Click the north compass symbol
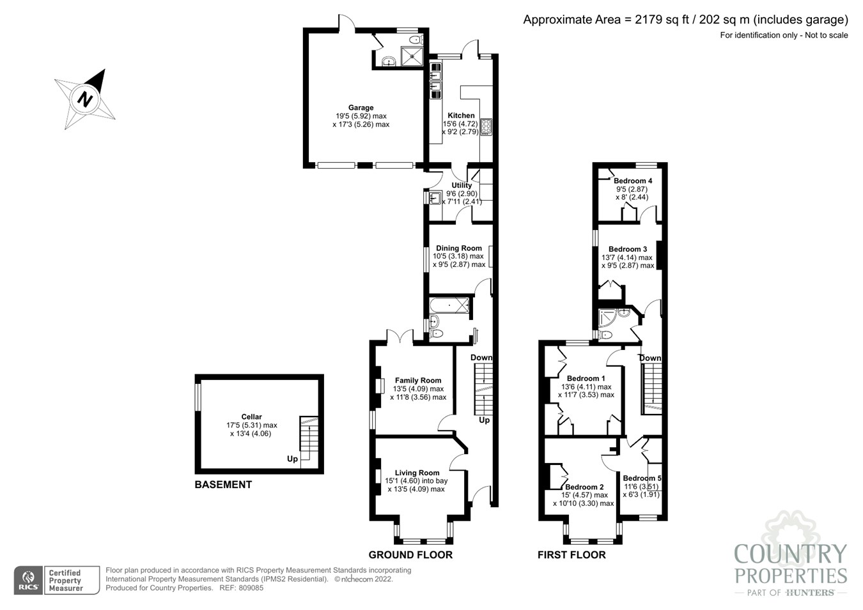point(84,99)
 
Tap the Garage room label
point(361,108)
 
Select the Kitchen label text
point(461,116)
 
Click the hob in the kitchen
point(486,127)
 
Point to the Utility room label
point(462,185)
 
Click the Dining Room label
point(458,248)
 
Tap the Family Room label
point(418,381)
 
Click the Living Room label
point(417,473)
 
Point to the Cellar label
point(251,417)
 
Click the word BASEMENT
point(223,485)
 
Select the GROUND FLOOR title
point(410,555)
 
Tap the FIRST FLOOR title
point(571,555)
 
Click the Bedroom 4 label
point(632,181)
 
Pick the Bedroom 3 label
point(627,250)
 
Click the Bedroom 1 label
point(586,379)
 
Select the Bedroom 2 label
point(584,487)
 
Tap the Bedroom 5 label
point(642,478)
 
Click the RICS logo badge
point(29,580)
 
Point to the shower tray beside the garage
point(412,56)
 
